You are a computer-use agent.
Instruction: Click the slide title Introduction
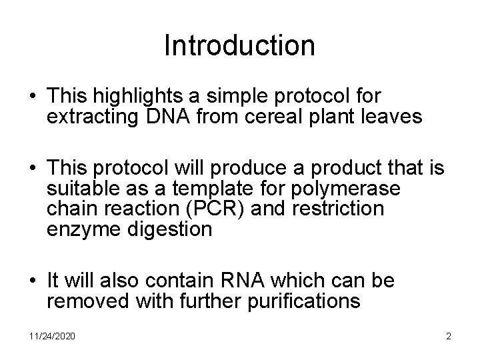click(x=239, y=46)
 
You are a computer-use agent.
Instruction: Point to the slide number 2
click(x=449, y=336)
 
